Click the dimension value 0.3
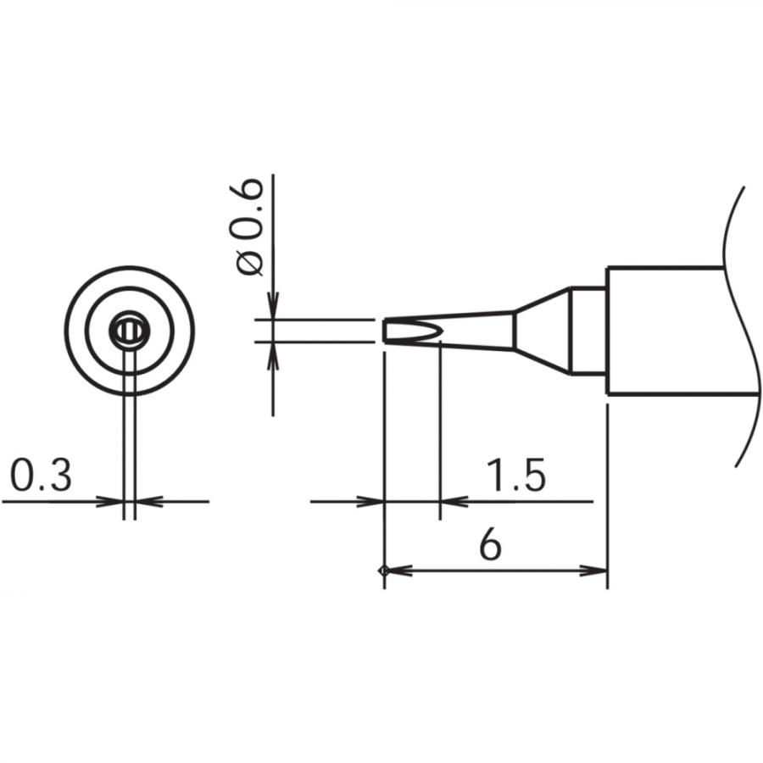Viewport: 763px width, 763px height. pyautogui.click(x=40, y=476)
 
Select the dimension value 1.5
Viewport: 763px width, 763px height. pyautogui.click(x=515, y=476)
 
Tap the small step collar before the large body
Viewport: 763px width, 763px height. pyautogui.click(x=587, y=331)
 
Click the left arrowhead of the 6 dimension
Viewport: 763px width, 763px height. pyautogui.click(x=395, y=571)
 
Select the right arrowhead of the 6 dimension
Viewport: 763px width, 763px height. pyautogui.click(x=598, y=571)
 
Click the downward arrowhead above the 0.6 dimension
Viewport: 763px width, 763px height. pyautogui.click(x=272, y=307)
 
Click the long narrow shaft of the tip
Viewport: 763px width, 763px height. pyautogui.click(x=475, y=331)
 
